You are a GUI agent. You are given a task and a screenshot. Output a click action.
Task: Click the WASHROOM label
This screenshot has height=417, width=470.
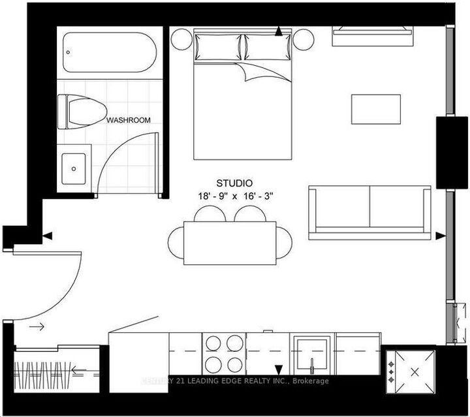(x=129, y=120)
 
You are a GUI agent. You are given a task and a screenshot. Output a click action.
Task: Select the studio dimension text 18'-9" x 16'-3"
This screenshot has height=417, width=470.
(x=234, y=195)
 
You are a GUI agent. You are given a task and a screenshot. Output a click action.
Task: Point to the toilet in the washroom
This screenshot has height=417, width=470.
(x=82, y=110)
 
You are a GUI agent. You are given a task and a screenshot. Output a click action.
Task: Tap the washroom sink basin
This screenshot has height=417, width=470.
(x=76, y=168)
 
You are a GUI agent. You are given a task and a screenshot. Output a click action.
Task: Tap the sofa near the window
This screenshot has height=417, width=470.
(x=370, y=209)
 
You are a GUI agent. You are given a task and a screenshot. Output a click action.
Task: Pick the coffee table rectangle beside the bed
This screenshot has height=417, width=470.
(x=376, y=109)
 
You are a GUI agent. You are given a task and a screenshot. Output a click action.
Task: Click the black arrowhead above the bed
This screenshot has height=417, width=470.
(x=279, y=31)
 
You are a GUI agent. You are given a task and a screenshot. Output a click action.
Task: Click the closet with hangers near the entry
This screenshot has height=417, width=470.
(x=56, y=375)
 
